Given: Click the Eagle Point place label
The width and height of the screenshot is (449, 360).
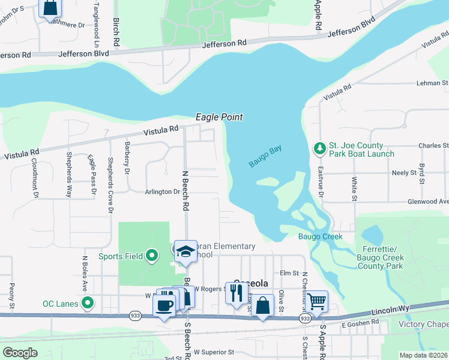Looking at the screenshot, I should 219,117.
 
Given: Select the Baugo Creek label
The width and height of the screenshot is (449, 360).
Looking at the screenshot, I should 321,236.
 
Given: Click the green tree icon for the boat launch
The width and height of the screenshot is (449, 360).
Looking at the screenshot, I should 319,148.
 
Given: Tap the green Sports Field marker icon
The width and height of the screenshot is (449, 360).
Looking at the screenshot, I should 152,256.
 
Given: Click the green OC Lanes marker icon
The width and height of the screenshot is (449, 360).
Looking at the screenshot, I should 88,303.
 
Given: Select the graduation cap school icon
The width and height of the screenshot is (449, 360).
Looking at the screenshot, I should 186,251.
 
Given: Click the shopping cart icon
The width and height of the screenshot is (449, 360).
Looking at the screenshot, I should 316,301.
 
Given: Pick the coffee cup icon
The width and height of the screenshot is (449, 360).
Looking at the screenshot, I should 164,305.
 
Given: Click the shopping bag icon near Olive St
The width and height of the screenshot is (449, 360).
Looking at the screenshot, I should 262,305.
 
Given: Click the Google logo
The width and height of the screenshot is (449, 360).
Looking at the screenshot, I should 20,353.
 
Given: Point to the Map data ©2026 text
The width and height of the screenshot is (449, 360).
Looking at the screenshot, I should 423,355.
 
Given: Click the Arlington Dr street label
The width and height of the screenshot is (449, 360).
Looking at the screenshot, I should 162,192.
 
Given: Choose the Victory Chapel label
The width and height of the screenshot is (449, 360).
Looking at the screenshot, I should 423,325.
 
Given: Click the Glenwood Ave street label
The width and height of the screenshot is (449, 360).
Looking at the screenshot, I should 432,202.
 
